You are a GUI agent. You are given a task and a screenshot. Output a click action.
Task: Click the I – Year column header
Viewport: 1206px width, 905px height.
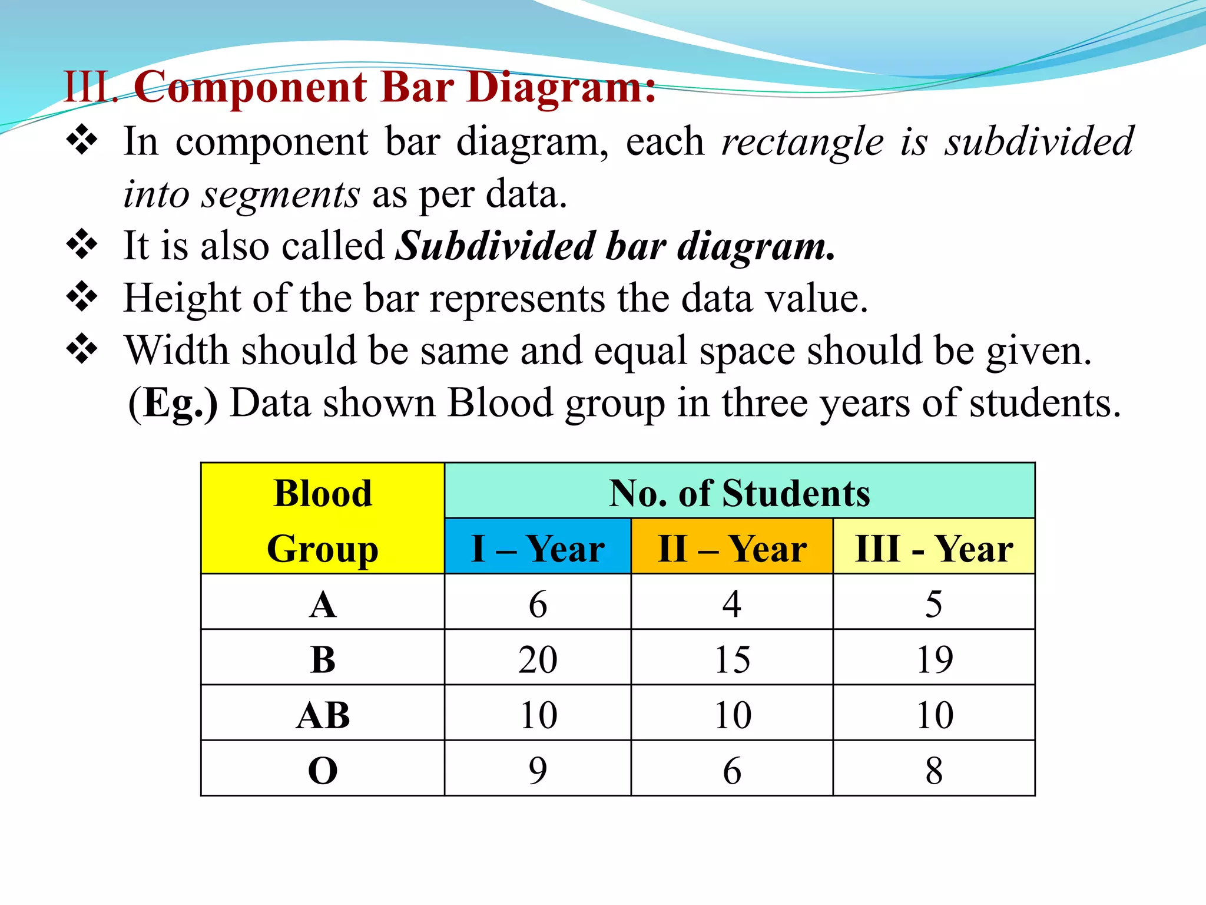[x=538, y=548]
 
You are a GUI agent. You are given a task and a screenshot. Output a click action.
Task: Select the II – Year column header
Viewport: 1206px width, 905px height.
[x=732, y=548]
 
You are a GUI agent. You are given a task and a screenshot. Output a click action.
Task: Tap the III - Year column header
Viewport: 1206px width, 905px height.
[x=934, y=548]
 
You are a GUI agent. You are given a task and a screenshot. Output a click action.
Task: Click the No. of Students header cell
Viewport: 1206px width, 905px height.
[x=740, y=493]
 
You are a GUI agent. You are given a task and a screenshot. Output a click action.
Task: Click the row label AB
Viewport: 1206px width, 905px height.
[x=323, y=715]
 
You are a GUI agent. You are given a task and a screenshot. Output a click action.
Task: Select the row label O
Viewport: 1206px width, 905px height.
[x=323, y=770]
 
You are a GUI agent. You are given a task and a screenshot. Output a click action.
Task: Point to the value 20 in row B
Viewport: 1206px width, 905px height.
[x=538, y=659]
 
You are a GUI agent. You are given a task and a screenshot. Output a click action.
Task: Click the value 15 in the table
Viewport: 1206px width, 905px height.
[x=732, y=659]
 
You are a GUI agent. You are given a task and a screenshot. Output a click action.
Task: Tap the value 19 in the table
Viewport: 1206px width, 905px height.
[x=934, y=659]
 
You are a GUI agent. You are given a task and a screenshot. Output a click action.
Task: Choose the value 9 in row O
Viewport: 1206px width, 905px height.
[x=538, y=770]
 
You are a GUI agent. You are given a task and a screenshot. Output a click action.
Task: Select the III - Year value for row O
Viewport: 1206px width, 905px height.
[x=934, y=770]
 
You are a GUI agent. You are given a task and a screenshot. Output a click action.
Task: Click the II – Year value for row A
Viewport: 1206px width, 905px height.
[x=732, y=604]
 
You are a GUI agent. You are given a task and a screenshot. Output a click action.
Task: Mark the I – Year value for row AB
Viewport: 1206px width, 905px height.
[x=538, y=715]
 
